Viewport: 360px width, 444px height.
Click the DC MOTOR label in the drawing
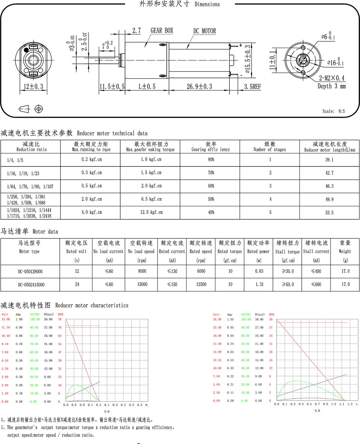[204, 31]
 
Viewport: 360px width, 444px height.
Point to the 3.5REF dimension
[252, 86]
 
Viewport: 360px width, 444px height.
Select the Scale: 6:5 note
[333, 111]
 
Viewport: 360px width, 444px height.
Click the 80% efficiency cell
[211, 160]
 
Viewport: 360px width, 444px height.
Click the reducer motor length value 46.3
[329, 186]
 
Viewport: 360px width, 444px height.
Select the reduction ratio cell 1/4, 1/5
[15, 160]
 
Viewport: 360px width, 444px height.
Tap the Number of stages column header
[269, 147]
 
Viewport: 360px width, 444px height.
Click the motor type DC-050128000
[30, 271]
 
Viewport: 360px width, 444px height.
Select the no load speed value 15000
[142, 285]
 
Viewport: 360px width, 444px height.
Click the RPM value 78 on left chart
[59, 319]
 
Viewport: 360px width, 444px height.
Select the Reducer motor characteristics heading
[65, 305]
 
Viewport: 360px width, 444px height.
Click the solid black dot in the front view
[26, 50]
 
